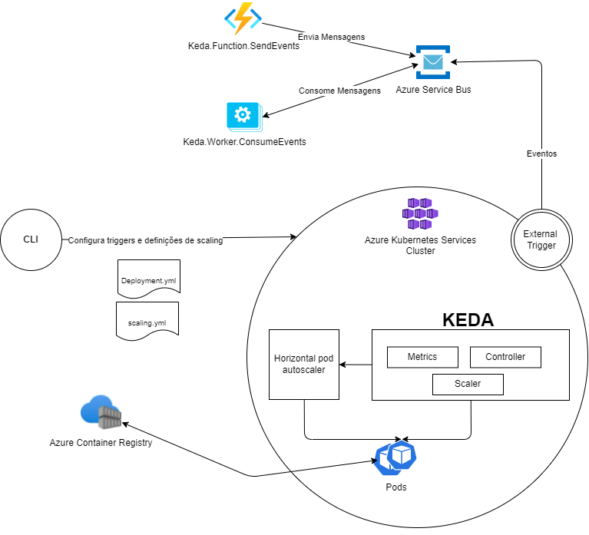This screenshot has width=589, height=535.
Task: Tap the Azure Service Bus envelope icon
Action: [x=433, y=62]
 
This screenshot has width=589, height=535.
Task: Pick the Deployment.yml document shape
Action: [x=148, y=282]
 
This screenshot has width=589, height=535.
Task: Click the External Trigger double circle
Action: [x=541, y=239]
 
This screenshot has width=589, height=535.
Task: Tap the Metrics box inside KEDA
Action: [x=422, y=357]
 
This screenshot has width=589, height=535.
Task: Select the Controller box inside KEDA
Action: [x=505, y=357]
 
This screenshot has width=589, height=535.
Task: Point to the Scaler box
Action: [x=468, y=384]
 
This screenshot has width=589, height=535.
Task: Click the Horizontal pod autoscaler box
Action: [x=304, y=364]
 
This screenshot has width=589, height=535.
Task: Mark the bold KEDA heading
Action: [x=468, y=320]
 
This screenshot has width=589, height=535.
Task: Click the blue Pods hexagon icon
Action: [x=395, y=458]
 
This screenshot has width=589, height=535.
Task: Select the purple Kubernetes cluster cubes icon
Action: [x=420, y=213]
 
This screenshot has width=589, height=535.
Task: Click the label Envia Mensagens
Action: [x=331, y=37]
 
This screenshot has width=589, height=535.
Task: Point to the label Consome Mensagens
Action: [x=339, y=91]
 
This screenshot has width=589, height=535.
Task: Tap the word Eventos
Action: [x=541, y=154]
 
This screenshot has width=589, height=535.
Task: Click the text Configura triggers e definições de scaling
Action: [x=145, y=240]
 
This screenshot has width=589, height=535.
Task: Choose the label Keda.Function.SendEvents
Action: [x=243, y=46]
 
